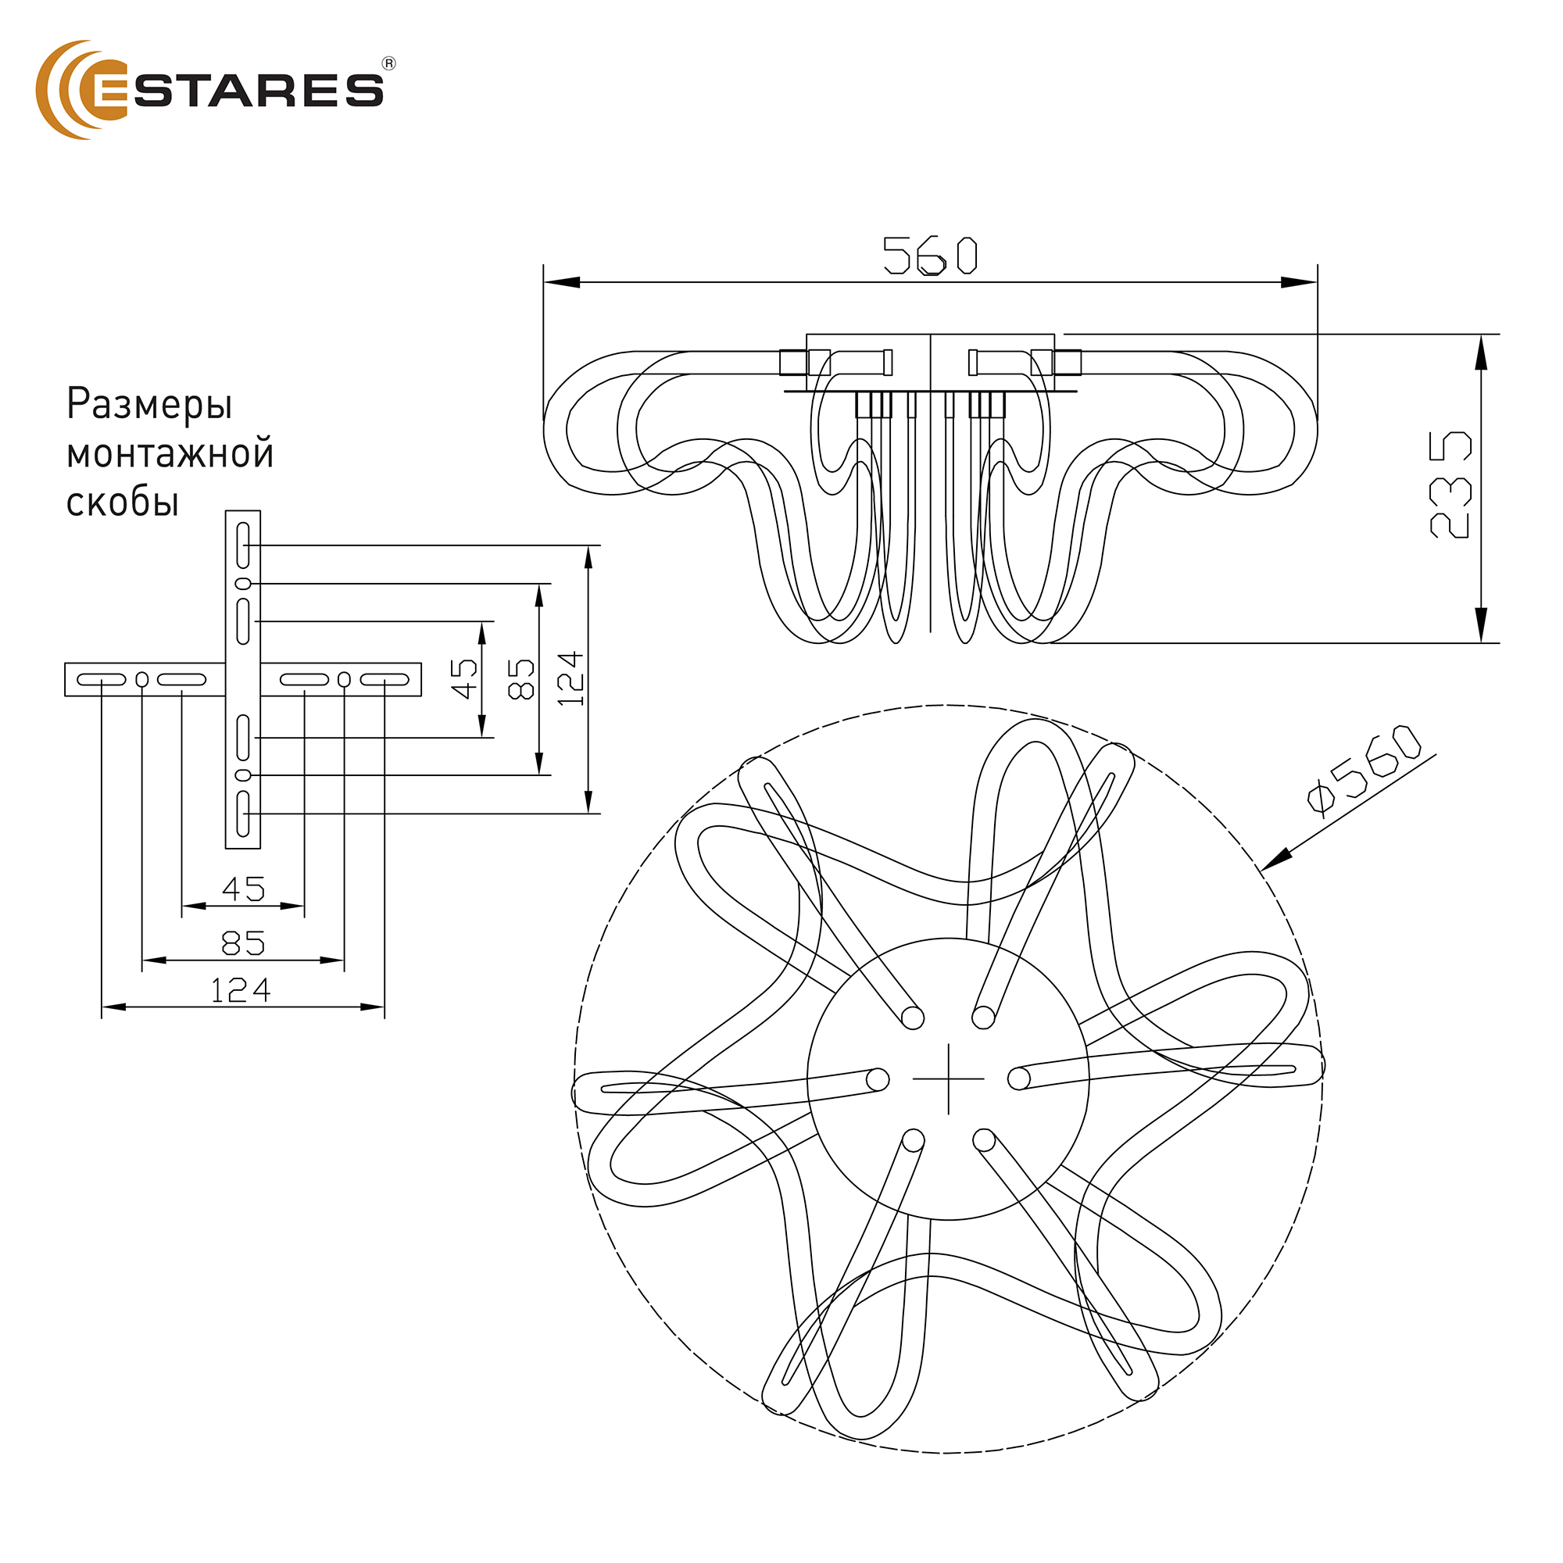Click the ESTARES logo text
coord(238,91)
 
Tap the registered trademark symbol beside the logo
coord(388,64)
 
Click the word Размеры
coord(150,405)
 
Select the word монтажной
coord(170,454)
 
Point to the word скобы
coord(122,503)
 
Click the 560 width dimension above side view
coord(929,256)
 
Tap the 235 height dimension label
coord(1450,485)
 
